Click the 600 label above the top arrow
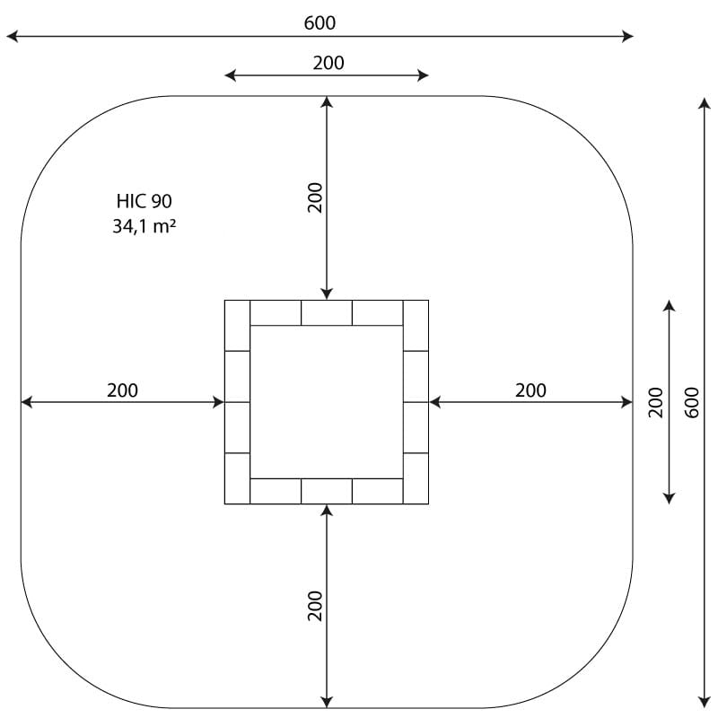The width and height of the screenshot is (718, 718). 320,23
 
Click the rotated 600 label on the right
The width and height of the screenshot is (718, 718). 692,402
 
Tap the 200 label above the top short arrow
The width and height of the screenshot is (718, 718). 328,63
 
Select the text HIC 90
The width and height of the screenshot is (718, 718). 144,201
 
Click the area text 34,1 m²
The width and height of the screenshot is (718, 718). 144,226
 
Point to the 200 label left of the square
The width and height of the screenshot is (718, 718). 122,390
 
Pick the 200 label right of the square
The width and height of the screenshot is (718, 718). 530,390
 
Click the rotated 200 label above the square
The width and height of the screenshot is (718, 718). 315,197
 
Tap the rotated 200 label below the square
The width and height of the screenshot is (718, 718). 315,606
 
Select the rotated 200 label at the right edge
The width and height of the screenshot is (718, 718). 656,402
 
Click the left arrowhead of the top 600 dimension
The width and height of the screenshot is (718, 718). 12,36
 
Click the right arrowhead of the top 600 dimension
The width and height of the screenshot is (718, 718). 627,36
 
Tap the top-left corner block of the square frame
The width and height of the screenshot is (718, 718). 237,326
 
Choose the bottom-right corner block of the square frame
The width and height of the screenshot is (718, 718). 416,478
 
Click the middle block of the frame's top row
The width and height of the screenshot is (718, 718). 327,312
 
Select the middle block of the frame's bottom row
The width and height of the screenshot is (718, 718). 327,491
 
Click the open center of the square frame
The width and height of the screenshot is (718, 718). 327,402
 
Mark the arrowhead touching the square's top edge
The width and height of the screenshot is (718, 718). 327,293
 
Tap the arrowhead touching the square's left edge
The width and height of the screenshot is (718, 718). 218,402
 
